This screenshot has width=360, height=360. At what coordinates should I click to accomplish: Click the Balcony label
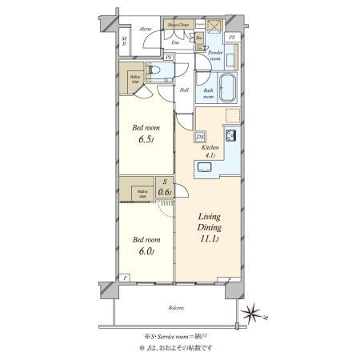177,308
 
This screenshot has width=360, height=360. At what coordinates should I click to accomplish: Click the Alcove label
146,29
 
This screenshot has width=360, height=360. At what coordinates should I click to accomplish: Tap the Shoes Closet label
178,25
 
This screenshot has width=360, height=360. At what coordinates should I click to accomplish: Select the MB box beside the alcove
124,41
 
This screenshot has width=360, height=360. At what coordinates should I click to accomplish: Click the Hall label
183,90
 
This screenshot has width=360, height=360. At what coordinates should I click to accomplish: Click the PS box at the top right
230,38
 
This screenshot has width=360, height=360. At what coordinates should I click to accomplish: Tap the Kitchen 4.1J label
210,153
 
